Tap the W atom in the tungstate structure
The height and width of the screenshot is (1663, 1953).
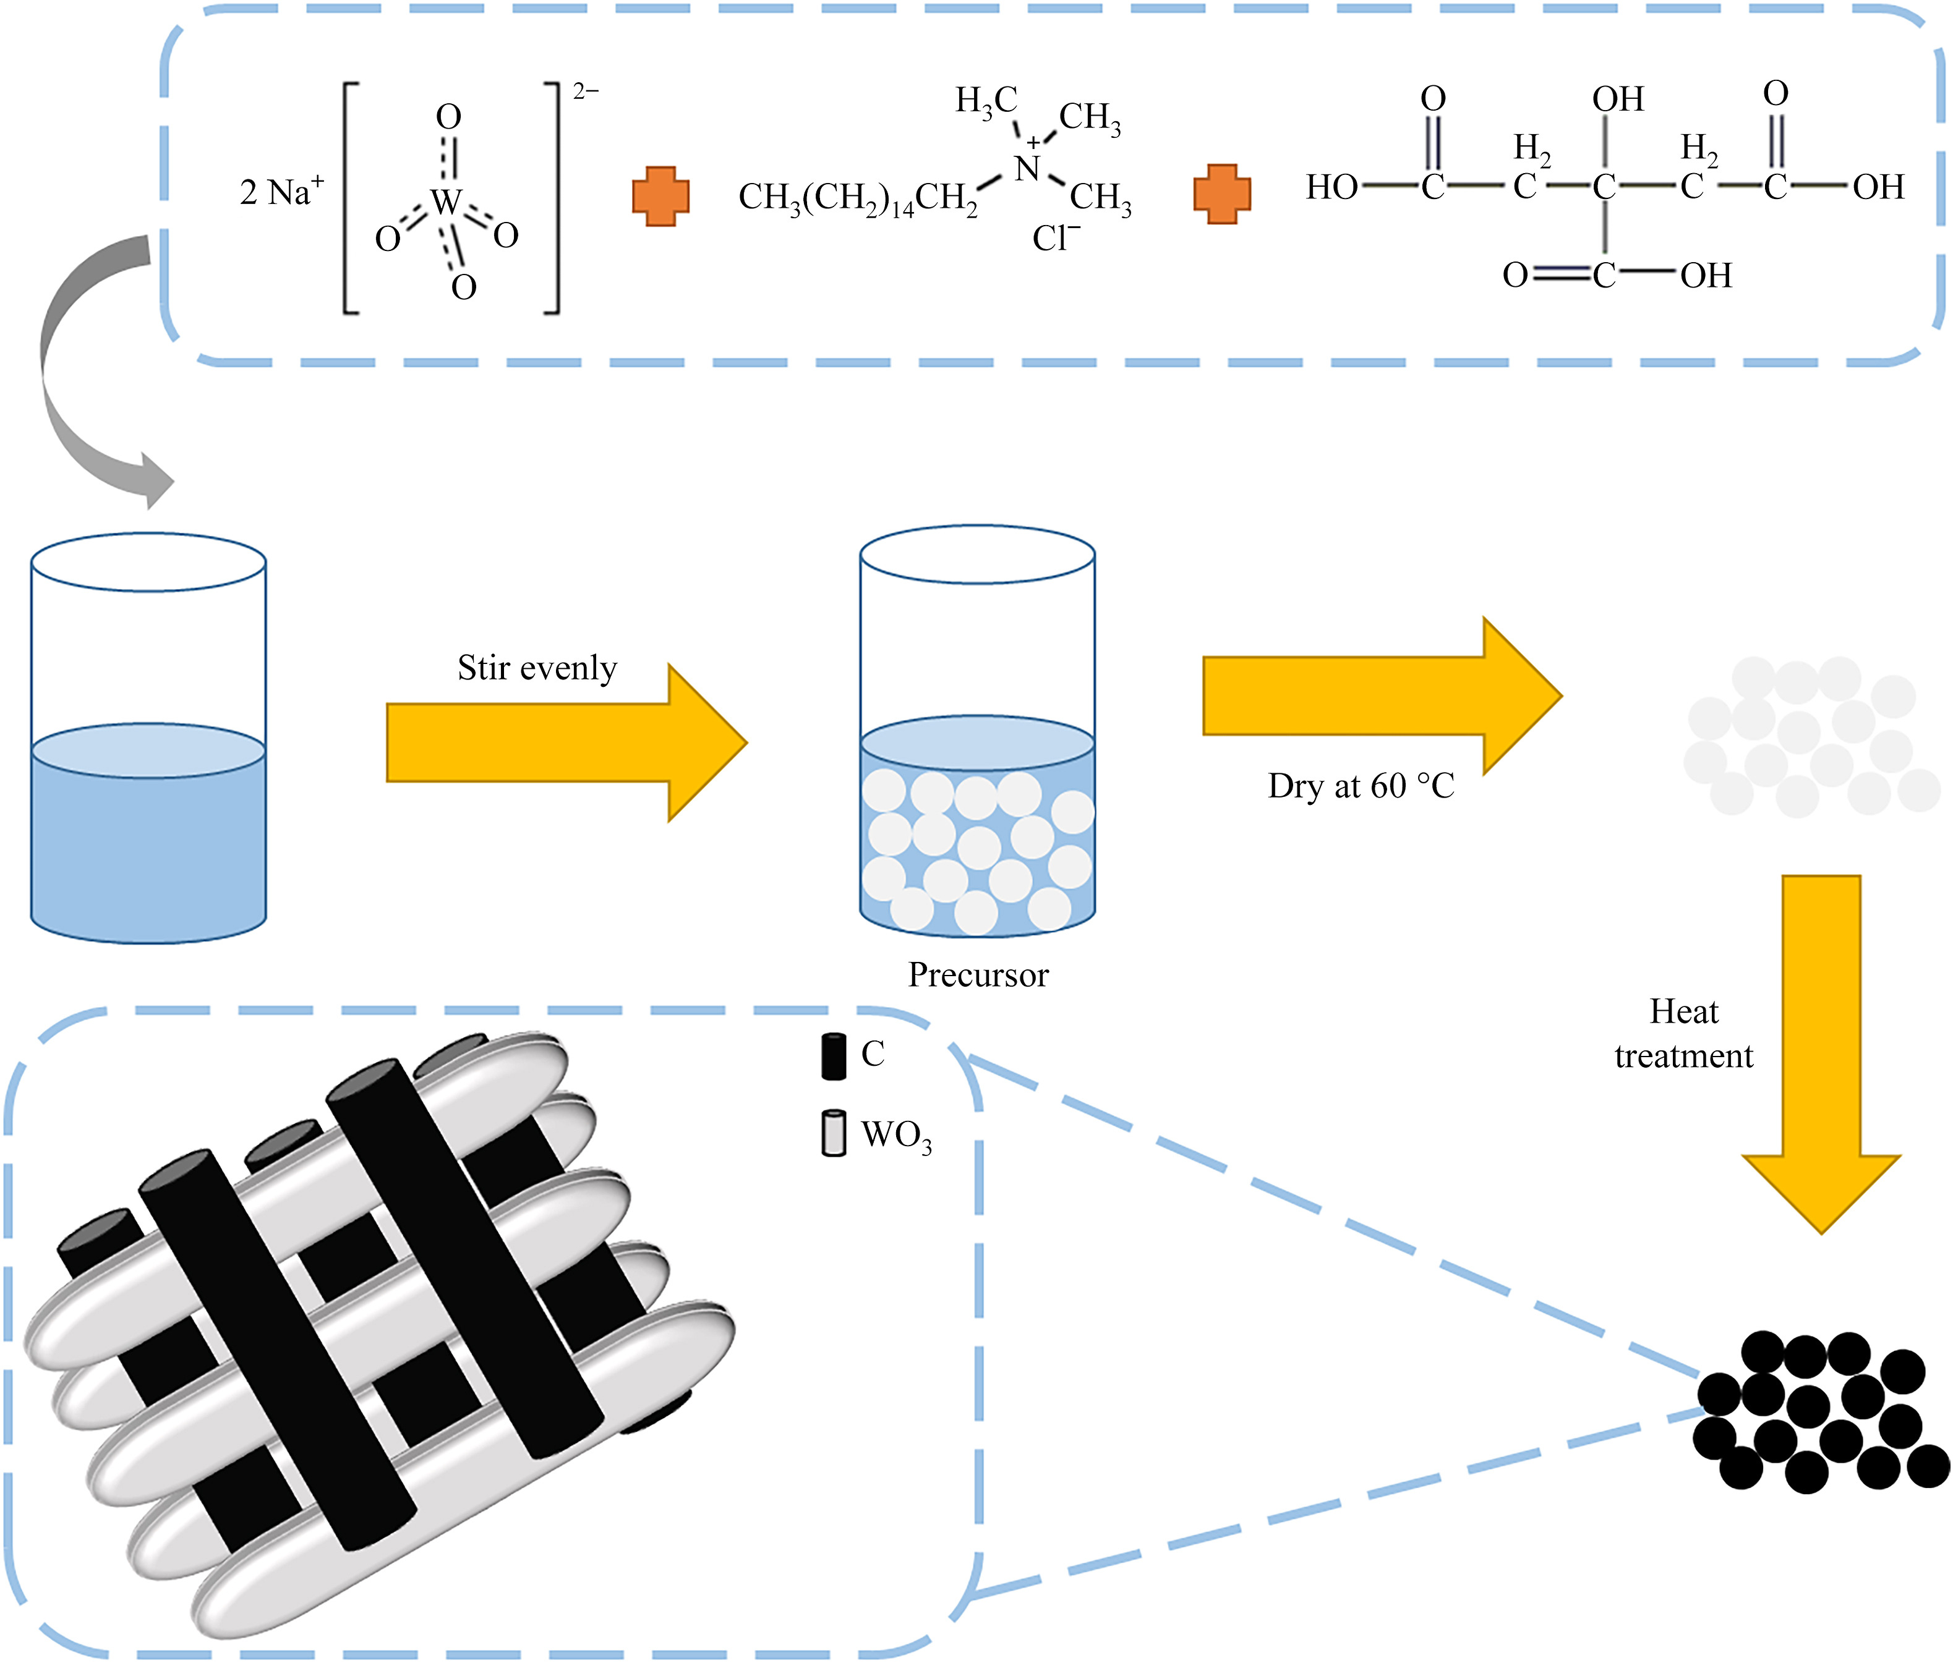coord(446,202)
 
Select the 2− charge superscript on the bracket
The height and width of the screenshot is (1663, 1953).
coord(585,91)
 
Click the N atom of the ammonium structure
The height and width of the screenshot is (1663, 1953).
coord(1027,169)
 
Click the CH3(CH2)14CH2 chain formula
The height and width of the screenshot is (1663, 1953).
coord(858,198)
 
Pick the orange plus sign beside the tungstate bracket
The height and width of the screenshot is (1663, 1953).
coord(660,196)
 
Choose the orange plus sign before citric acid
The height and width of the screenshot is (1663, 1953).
coord(1221,194)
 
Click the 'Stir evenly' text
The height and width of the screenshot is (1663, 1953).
coord(537,668)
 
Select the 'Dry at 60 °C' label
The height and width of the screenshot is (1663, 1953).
coord(1360,786)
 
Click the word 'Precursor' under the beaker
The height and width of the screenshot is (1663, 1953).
coord(978,975)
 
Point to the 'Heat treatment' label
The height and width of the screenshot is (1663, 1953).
coord(1683,1034)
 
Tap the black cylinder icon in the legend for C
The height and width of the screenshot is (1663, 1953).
coord(833,1056)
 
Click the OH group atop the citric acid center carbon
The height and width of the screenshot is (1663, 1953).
coord(1617,99)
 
